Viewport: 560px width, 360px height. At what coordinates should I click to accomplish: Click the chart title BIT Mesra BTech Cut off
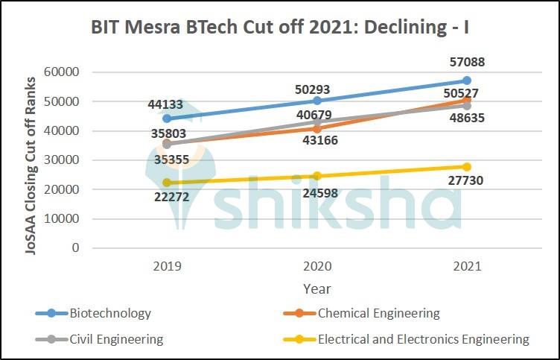tap(279, 28)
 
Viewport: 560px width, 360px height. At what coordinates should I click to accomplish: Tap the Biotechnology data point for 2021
tap(466, 80)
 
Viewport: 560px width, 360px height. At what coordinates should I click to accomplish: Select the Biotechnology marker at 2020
tap(316, 101)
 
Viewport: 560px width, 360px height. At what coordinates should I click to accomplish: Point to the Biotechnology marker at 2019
tap(167, 119)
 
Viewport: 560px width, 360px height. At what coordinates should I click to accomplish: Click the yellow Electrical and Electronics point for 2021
tap(466, 167)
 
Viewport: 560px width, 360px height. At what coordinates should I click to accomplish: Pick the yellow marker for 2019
tap(167, 183)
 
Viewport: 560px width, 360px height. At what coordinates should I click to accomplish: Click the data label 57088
tap(466, 63)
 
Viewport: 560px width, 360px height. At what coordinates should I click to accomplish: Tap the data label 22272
tap(168, 198)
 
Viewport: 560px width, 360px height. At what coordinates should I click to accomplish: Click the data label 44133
tap(166, 104)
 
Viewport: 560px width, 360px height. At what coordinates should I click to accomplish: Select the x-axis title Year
tap(316, 288)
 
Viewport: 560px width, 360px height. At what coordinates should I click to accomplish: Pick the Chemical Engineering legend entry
tap(378, 313)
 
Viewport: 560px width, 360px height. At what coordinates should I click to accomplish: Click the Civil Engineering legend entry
tap(115, 339)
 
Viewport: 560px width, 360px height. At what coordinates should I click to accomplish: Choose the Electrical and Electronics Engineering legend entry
tap(423, 339)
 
